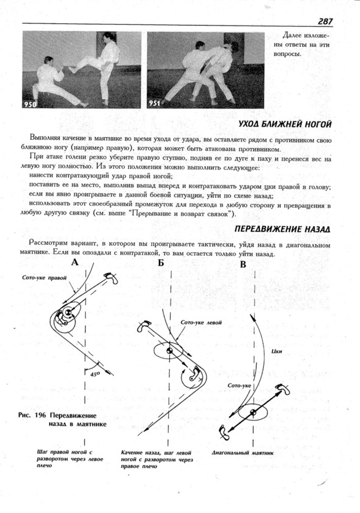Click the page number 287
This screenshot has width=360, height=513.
(x=325, y=21)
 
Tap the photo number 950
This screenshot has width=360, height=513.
(x=29, y=104)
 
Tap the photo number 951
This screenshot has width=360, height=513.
(x=154, y=104)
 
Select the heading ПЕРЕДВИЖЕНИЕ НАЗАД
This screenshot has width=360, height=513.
(x=282, y=229)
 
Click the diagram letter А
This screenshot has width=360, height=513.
(x=75, y=262)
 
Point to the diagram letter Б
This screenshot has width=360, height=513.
(x=161, y=263)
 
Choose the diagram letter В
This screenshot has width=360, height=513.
(x=242, y=264)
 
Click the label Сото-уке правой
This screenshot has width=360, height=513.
(x=44, y=278)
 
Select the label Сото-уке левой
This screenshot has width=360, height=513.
(x=201, y=322)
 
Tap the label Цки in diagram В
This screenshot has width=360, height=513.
(x=277, y=352)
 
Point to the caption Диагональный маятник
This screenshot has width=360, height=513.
(x=242, y=453)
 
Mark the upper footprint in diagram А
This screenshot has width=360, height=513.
(x=111, y=278)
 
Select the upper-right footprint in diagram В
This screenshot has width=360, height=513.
(x=283, y=389)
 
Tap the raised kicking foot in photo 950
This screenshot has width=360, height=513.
(x=72, y=69)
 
